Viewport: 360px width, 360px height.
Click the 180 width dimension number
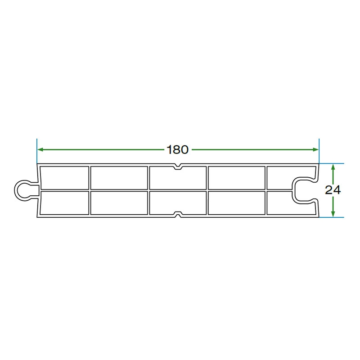point(177,150)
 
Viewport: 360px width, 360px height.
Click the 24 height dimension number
point(333,190)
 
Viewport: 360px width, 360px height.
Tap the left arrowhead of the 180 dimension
point(40,150)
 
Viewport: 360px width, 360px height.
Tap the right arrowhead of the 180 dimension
point(316,150)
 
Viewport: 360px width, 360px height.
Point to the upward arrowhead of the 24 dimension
point(333,167)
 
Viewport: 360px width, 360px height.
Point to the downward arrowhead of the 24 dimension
point(333,214)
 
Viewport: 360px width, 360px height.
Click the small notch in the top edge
point(178,167)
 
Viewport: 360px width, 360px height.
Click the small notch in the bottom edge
point(178,214)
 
